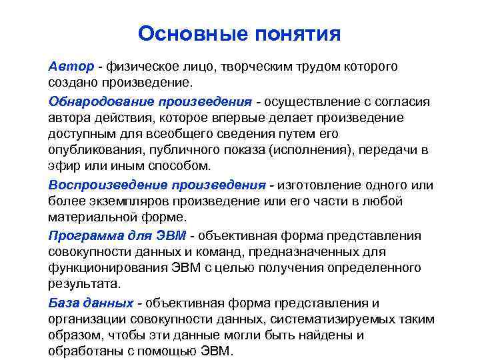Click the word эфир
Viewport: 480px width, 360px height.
63,167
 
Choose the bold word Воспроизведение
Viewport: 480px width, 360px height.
107,184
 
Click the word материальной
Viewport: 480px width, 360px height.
90,217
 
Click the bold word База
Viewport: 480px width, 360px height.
63,301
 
